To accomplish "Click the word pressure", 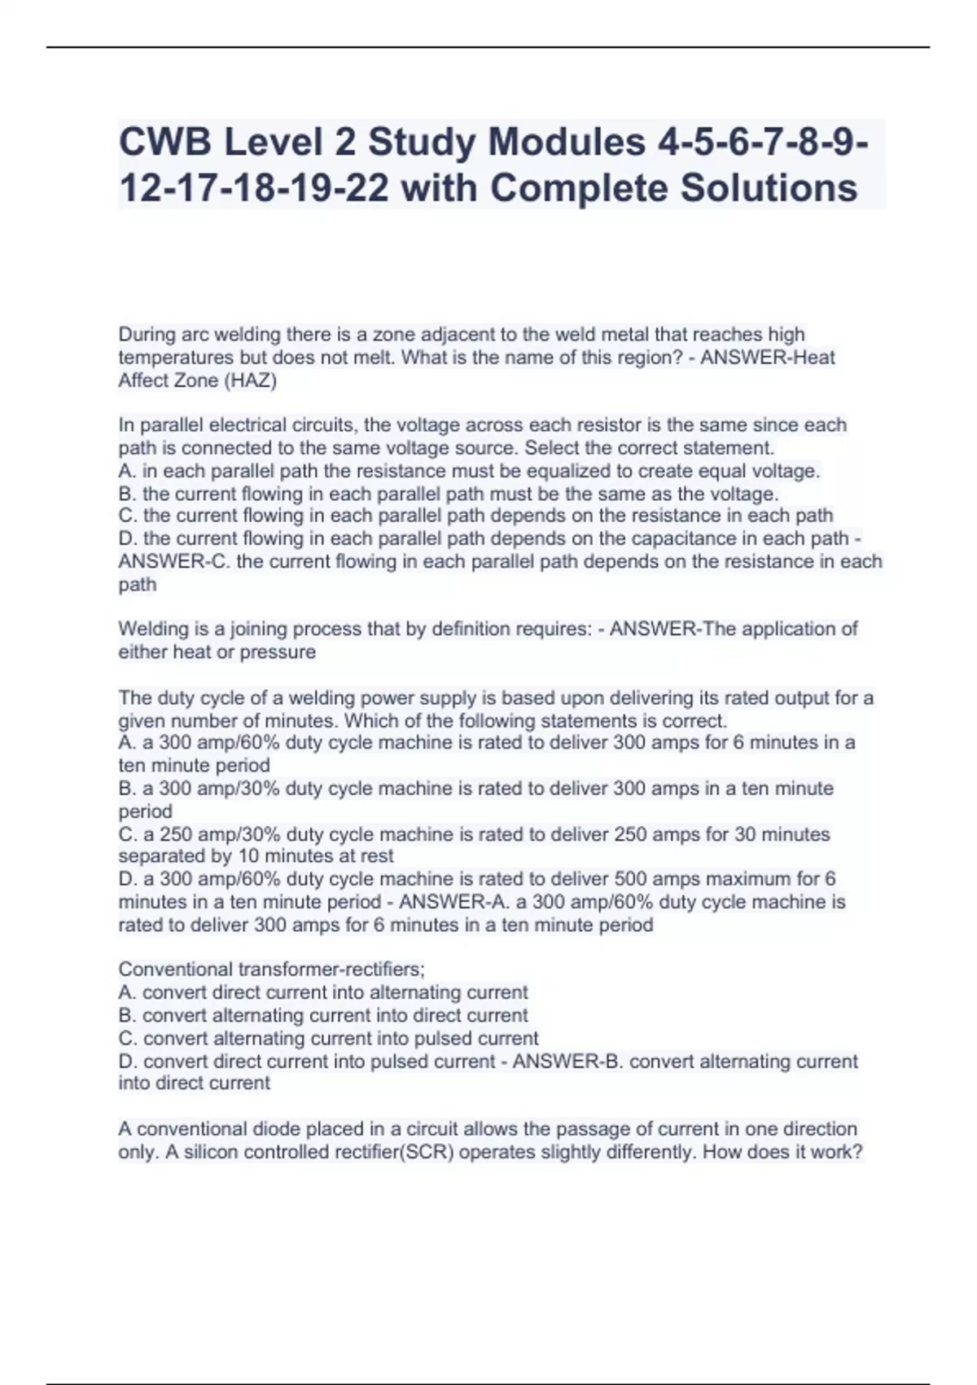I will coord(278,652).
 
